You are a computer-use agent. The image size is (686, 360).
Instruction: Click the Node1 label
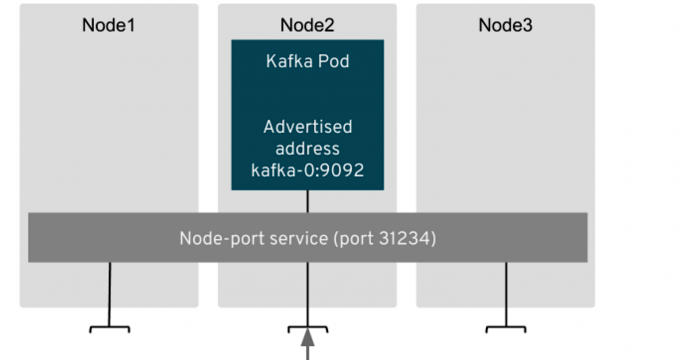108,24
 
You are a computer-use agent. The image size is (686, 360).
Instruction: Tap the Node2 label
307,24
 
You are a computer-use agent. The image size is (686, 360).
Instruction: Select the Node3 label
505,24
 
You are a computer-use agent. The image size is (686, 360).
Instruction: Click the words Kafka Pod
307,62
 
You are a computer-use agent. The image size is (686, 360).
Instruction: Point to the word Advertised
307,127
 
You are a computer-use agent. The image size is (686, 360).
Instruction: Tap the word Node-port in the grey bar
218,239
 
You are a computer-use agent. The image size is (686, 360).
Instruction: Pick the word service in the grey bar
291,239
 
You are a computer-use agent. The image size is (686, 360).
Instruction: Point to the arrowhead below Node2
307,332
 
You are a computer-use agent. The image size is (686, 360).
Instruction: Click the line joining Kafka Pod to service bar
307,201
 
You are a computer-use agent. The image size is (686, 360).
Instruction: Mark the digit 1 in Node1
130,24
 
